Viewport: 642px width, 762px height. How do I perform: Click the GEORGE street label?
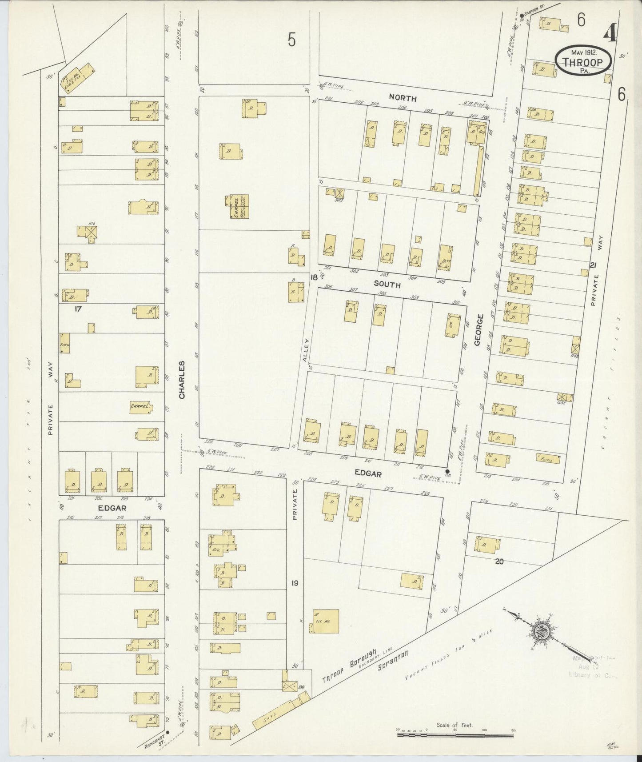(x=479, y=330)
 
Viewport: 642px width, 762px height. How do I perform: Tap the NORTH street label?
(x=403, y=98)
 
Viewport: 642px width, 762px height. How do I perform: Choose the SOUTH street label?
(x=387, y=284)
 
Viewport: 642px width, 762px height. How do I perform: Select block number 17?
(x=78, y=308)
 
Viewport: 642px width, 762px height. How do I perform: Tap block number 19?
(x=295, y=583)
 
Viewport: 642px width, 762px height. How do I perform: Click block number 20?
(x=499, y=561)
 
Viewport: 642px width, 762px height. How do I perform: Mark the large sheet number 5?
(x=291, y=40)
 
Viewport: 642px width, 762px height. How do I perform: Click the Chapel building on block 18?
(x=239, y=207)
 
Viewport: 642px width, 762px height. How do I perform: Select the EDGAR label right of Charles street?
(x=368, y=474)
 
